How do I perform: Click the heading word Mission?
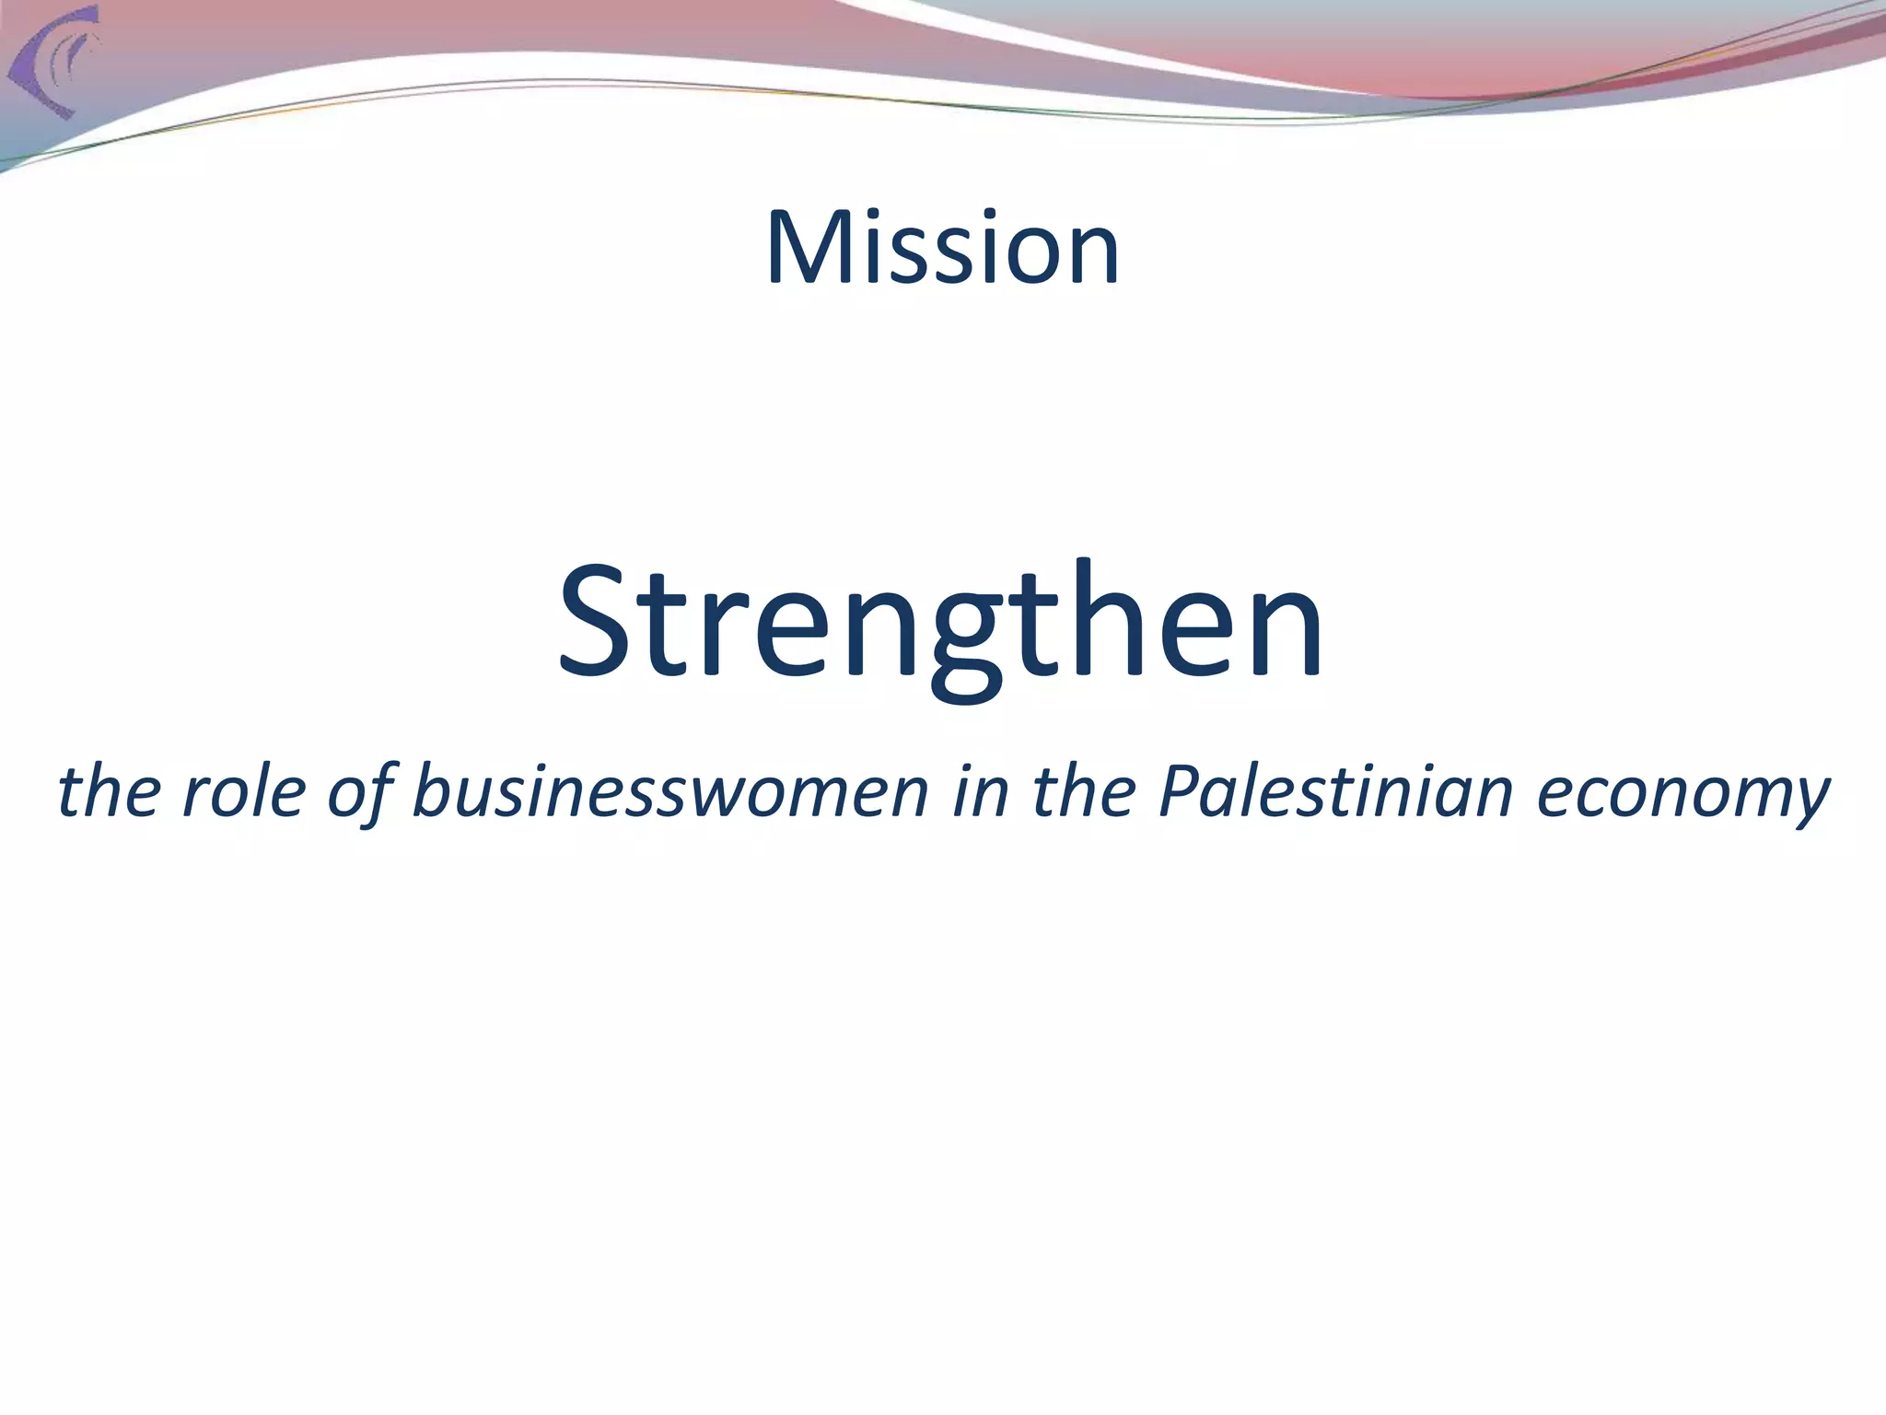pos(942,248)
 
